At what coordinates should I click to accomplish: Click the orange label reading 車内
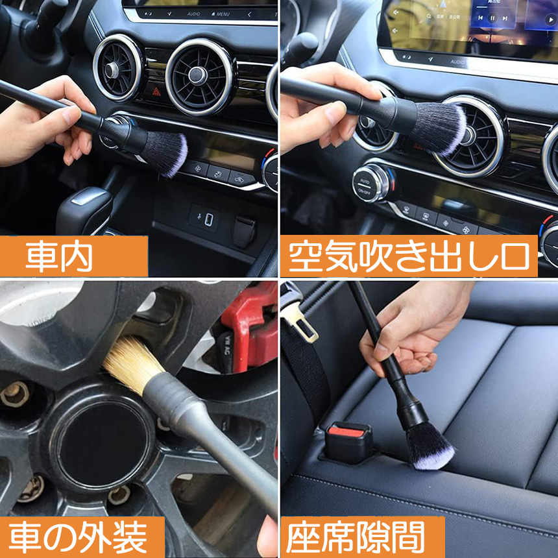tap(74, 256)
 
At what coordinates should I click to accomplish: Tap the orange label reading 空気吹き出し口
tap(409, 256)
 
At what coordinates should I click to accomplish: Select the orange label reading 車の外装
tap(82, 537)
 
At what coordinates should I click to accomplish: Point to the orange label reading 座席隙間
tap(363, 537)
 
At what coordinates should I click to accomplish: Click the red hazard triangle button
tap(156, 92)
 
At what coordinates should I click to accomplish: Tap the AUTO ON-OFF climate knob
tap(373, 183)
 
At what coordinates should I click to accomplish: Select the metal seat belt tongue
tap(300, 324)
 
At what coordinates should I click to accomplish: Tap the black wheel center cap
tap(103, 446)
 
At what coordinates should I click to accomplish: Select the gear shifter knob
tap(84, 211)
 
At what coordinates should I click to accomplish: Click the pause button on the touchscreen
tap(492, 18)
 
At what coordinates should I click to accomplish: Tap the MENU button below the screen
tap(221, 14)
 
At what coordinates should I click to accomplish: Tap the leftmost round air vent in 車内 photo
tap(117, 67)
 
